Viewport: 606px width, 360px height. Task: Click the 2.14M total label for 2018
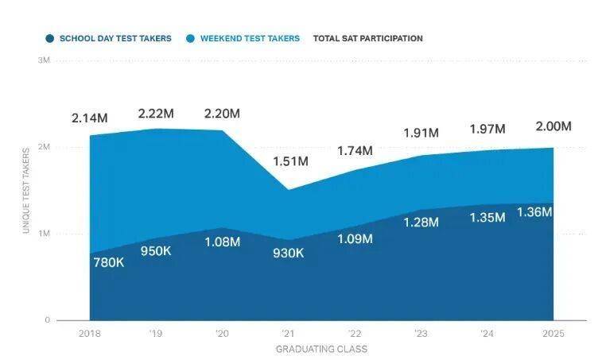pos(89,118)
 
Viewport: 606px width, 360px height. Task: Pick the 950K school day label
pos(156,250)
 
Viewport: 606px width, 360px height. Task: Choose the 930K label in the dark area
pos(288,253)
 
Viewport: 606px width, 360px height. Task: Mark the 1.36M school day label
pos(534,212)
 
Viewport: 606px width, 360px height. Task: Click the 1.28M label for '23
pos(421,222)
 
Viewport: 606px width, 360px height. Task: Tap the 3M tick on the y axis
pos(44,60)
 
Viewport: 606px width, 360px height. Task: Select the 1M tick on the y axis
pos(44,234)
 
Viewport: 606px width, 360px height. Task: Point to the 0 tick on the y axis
pos(47,320)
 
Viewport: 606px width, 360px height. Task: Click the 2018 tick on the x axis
pos(89,335)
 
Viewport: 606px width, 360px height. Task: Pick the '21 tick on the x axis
pos(289,335)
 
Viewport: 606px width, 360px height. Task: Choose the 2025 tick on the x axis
pos(554,335)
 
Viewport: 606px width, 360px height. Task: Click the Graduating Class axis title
pos(321,349)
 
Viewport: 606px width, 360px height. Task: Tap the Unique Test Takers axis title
pos(26,191)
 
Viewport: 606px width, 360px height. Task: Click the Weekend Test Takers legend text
pos(250,38)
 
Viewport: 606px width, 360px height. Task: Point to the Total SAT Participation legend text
pos(367,38)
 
